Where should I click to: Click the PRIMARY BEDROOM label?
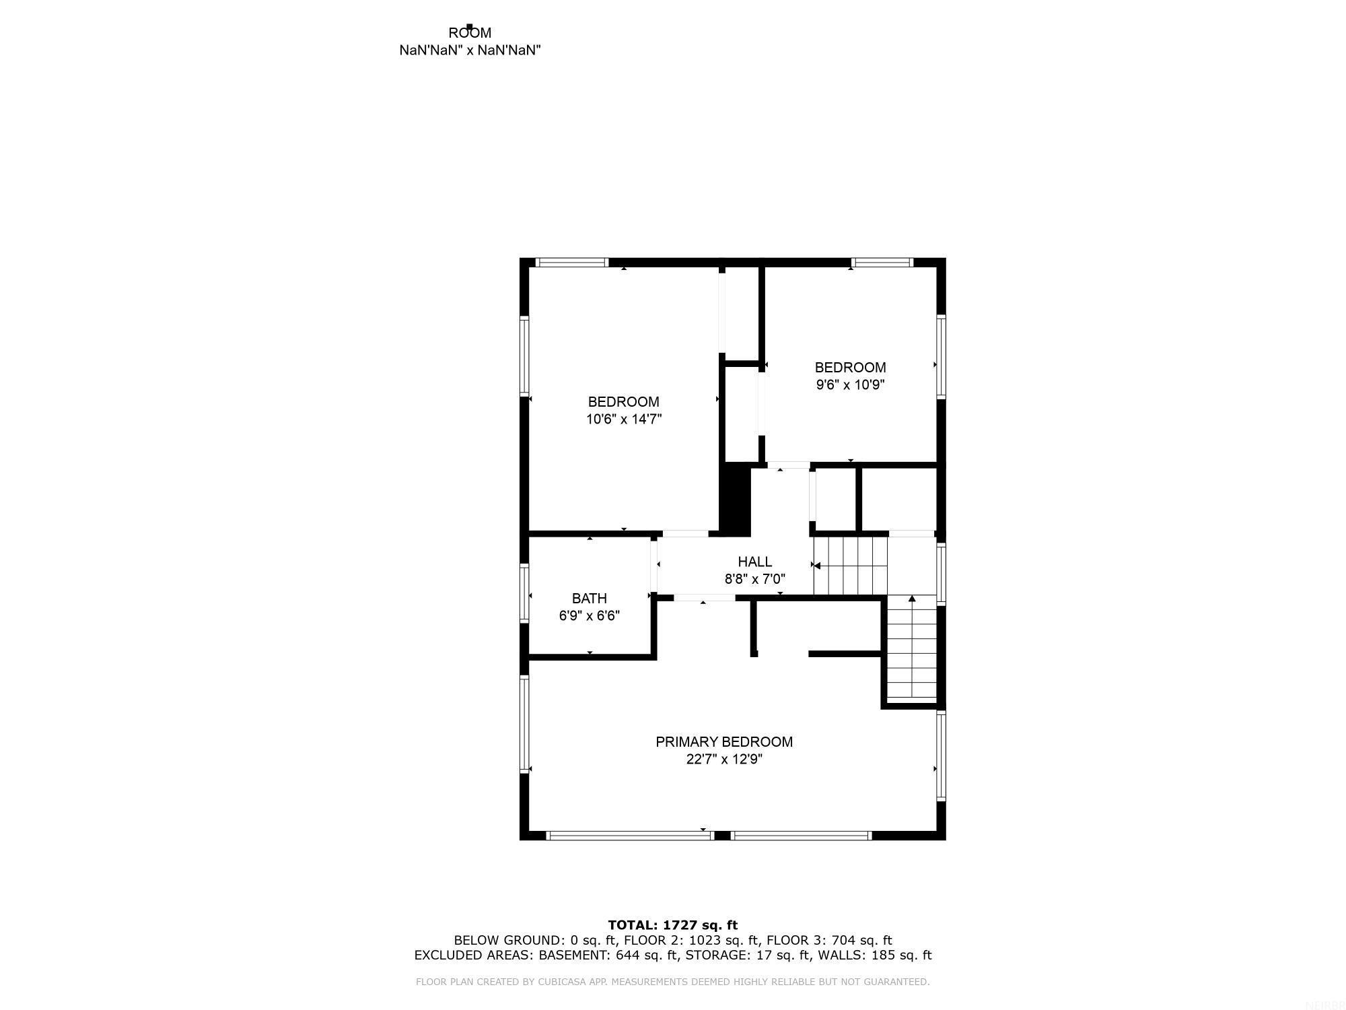pyautogui.click(x=724, y=742)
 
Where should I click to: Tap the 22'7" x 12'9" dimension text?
pyautogui.click(x=724, y=760)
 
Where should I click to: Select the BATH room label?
pyautogui.click(x=590, y=599)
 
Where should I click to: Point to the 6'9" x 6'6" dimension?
pyautogui.click(x=590, y=615)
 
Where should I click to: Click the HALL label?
pyautogui.click(x=754, y=562)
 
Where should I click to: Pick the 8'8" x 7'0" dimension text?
pyautogui.click(x=754, y=579)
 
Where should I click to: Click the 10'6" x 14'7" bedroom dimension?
pyautogui.click(x=624, y=419)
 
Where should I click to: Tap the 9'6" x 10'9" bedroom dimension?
pyautogui.click(x=850, y=385)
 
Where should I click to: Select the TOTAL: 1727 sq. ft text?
pyautogui.click(x=672, y=925)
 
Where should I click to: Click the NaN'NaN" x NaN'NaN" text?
pyautogui.click(x=470, y=50)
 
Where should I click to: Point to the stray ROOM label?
pyautogui.click(x=470, y=33)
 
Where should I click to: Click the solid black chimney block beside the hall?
pyautogui.click(x=735, y=500)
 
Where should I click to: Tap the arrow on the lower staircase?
pyautogui.click(x=912, y=598)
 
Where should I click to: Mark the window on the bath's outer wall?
pyautogui.click(x=524, y=592)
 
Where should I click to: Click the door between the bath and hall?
pyautogui.click(x=653, y=564)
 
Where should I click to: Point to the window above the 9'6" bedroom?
pyautogui.click(x=882, y=263)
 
